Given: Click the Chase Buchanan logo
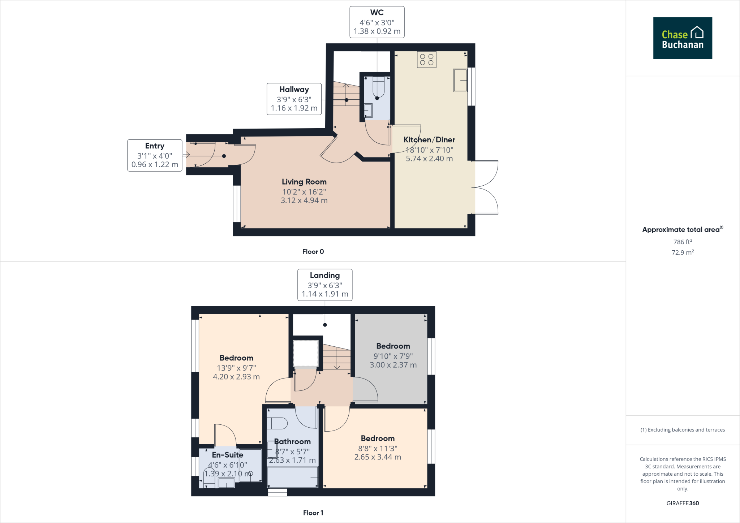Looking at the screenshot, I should (x=682, y=38).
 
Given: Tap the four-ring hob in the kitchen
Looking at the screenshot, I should (x=426, y=60).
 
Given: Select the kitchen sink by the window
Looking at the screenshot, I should (x=460, y=80).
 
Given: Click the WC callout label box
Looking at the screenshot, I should (x=377, y=22).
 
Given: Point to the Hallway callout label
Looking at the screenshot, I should (x=294, y=99).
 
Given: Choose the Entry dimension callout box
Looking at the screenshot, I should (x=155, y=155).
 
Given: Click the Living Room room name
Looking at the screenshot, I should (x=304, y=182).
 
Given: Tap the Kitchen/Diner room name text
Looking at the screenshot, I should (x=429, y=140).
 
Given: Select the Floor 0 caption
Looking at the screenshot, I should (x=313, y=252).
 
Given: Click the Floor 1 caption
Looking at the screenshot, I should (x=313, y=513).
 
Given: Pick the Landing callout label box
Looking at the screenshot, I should (x=324, y=285).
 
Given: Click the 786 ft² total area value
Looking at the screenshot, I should (x=682, y=242).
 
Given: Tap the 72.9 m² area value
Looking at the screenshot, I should (x=682, y=252).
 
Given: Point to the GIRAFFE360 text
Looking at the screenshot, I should (x=682, y=503).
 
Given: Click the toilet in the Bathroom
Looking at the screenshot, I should (x=277, y=423).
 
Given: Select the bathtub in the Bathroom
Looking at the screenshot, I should (x=292, y=477).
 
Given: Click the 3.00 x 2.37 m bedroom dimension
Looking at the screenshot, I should (x=393, y=365).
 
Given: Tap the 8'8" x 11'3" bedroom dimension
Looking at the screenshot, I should (x=378, y=448).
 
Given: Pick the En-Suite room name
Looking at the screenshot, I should (x=227, y=455).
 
